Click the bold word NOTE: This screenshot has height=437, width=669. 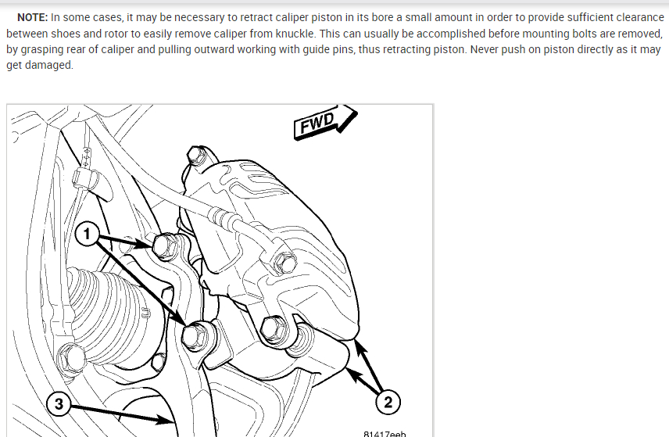[x=32, y=17]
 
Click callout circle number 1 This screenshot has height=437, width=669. [x=87, y=234]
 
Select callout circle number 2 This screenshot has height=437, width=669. [x=388, y=402]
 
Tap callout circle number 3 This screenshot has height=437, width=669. [x=59, y=403]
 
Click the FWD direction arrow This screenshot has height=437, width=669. [x=325, y=122]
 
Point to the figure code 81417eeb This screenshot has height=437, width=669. [x=385, y=434]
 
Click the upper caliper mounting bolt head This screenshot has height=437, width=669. [x=164, y=245]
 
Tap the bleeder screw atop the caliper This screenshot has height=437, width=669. [x=196, y=156]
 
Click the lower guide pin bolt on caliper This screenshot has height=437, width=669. [x=272, y=329]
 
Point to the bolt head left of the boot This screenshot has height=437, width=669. [x=72, y=357]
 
